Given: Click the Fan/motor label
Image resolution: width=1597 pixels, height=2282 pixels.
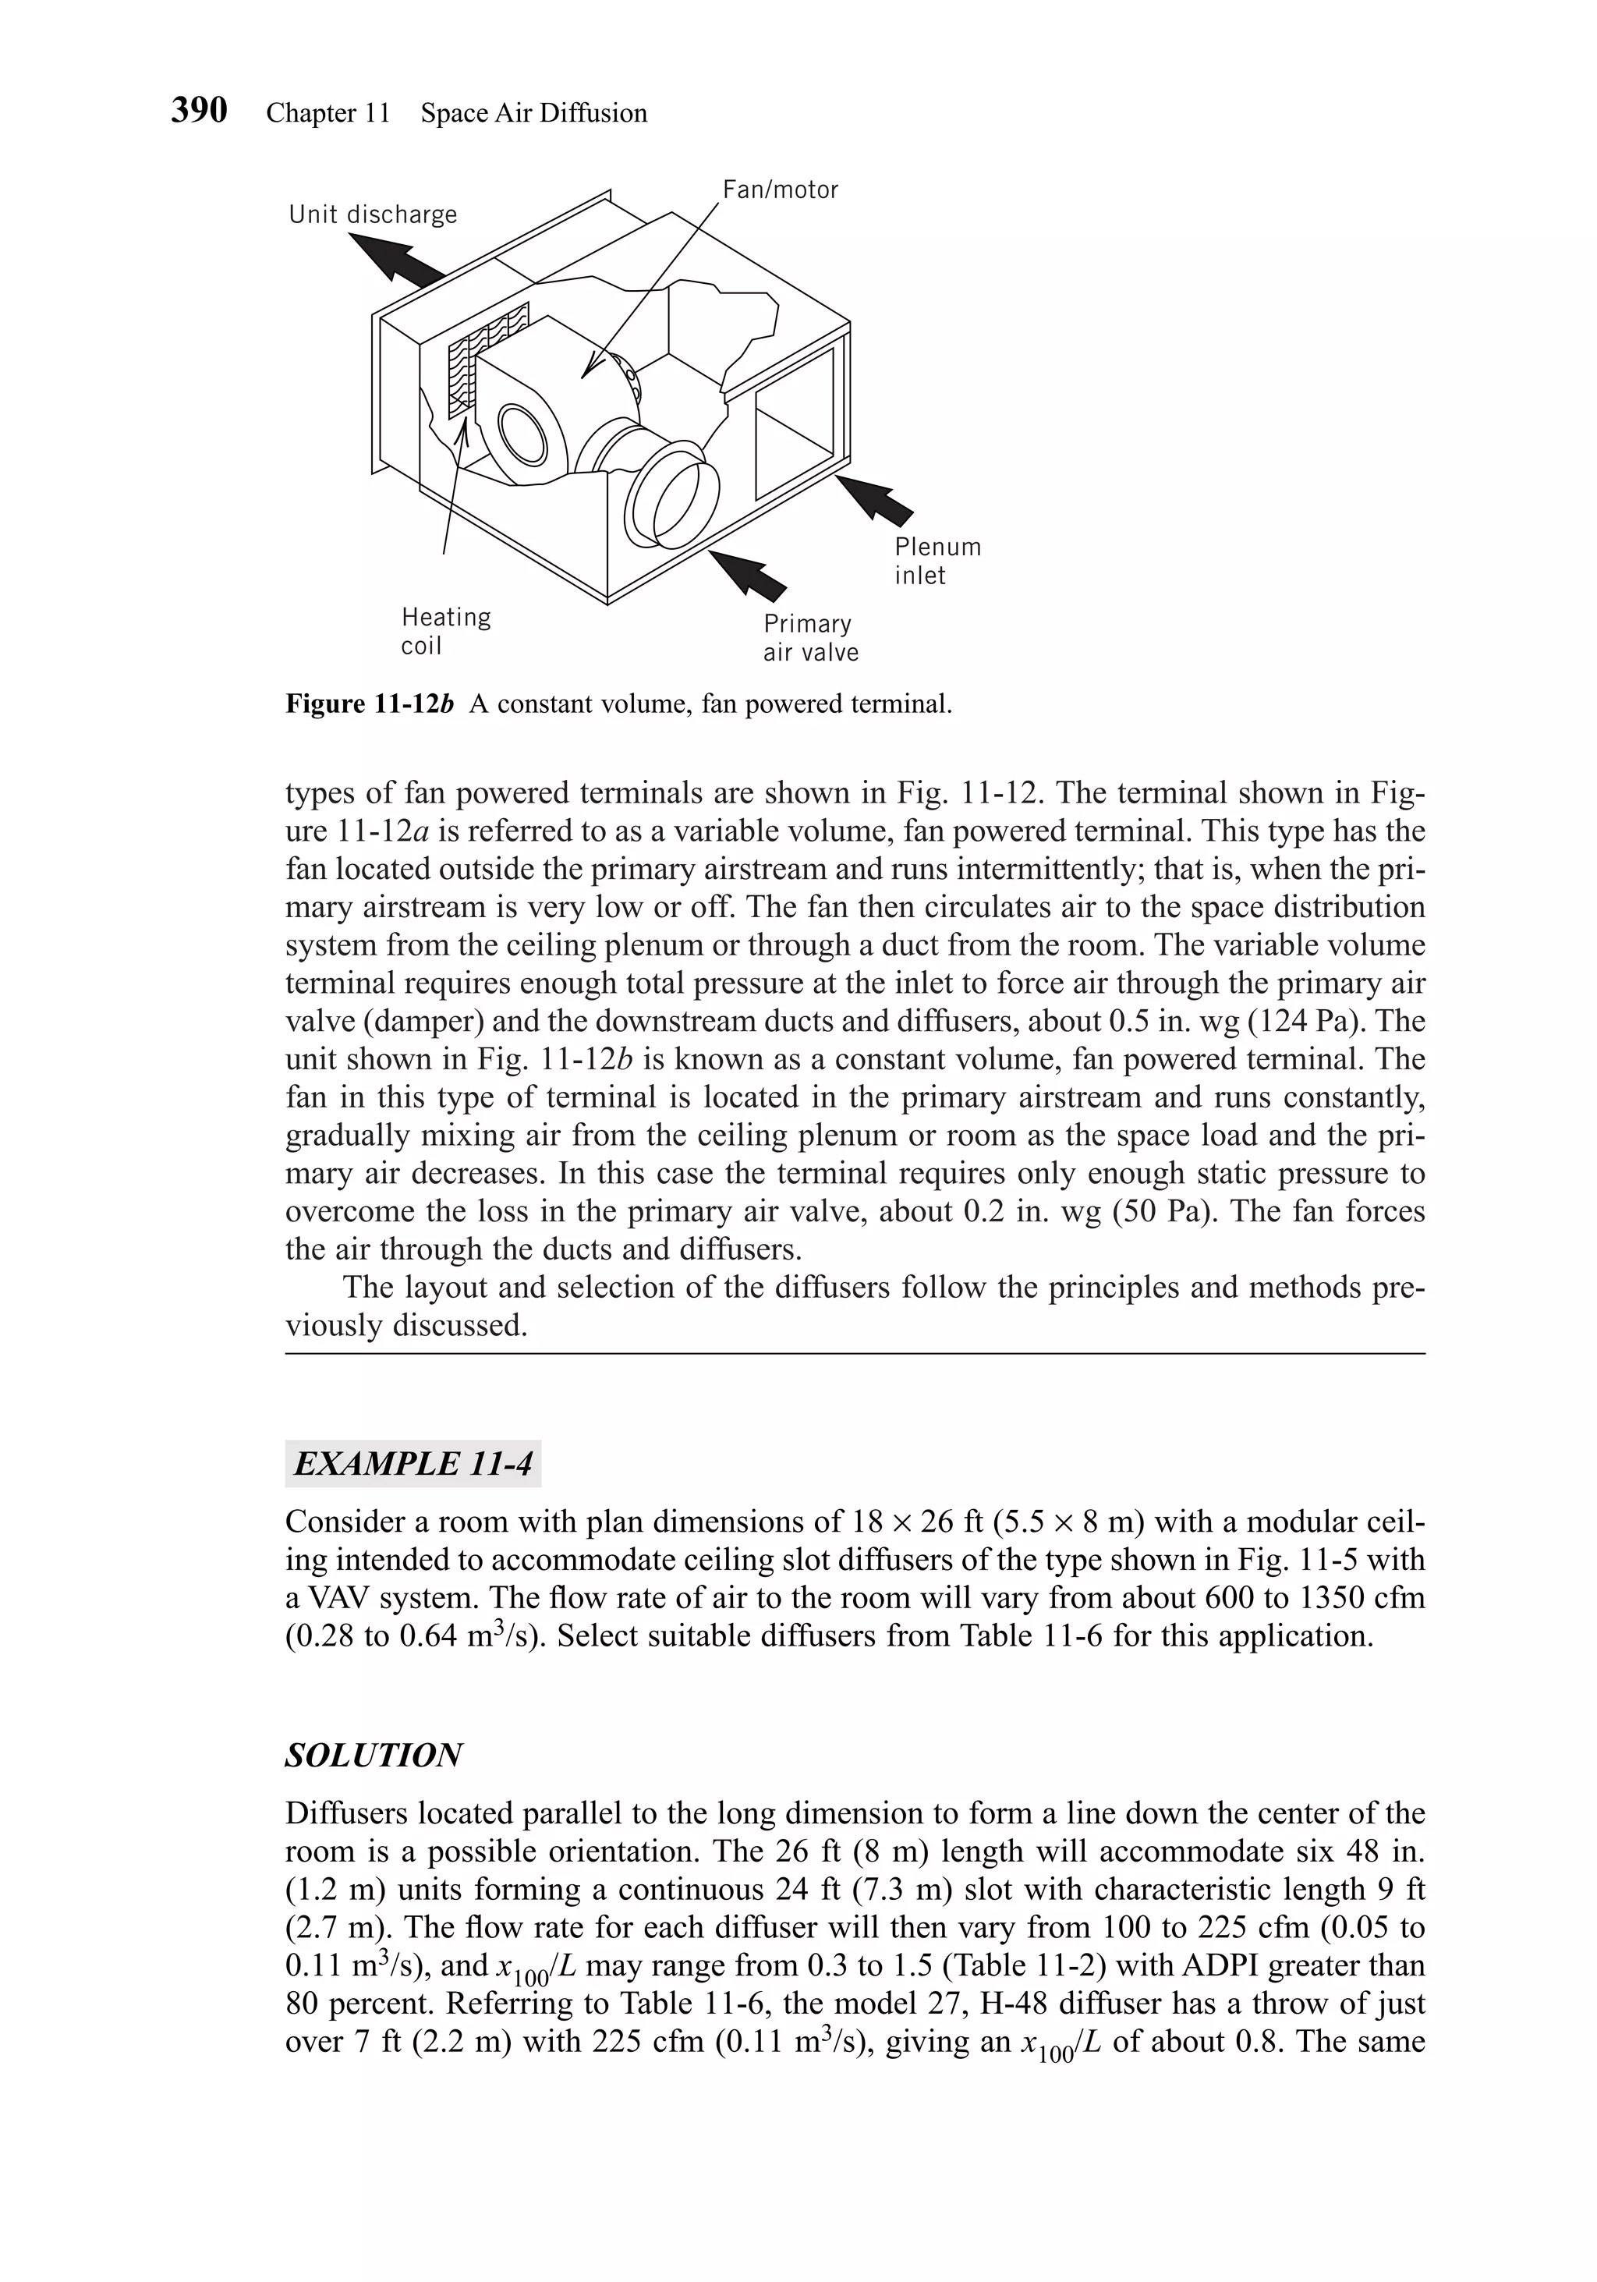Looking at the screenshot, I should [780, 190].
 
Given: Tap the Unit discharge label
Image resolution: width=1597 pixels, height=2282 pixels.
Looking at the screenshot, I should [373, 214].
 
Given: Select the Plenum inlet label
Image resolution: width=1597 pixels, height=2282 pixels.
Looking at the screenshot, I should [937, 561].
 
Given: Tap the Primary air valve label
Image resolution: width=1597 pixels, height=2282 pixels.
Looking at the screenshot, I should [810, 638].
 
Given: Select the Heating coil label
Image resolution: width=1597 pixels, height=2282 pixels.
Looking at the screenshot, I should [445, 631].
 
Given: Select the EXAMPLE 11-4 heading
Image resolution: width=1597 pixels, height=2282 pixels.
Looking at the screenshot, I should [413, 1464].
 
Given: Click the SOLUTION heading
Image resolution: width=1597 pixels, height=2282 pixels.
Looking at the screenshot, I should [373, 1756].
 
